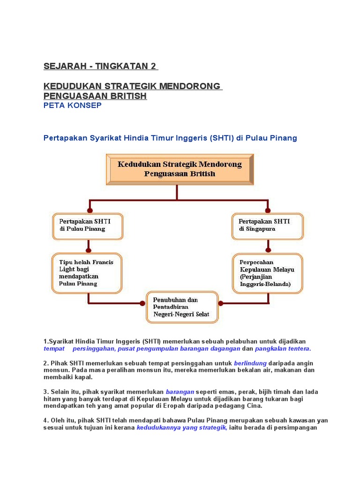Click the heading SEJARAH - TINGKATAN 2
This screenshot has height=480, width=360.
coord(101,66)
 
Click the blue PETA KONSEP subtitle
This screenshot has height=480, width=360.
coord(73,105)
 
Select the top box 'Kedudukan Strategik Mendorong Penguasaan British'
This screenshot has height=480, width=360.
coord(180,169)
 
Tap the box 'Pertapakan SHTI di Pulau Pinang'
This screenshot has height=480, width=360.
coord(87,226)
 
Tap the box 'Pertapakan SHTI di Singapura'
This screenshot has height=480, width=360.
coord(268,226)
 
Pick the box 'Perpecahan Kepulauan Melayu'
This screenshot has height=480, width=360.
coord(268,273)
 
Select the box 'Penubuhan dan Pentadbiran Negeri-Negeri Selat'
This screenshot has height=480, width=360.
coord(182,307)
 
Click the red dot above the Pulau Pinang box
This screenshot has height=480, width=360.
coord(90,210)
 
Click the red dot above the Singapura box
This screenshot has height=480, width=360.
coord(268,210)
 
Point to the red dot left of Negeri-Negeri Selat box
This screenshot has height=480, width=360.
coord(142,303)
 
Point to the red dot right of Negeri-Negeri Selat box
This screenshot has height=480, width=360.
coord(221,303)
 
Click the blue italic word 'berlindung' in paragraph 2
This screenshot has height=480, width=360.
coord(250,363)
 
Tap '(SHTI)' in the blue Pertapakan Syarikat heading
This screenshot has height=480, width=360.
coord(223,138)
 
